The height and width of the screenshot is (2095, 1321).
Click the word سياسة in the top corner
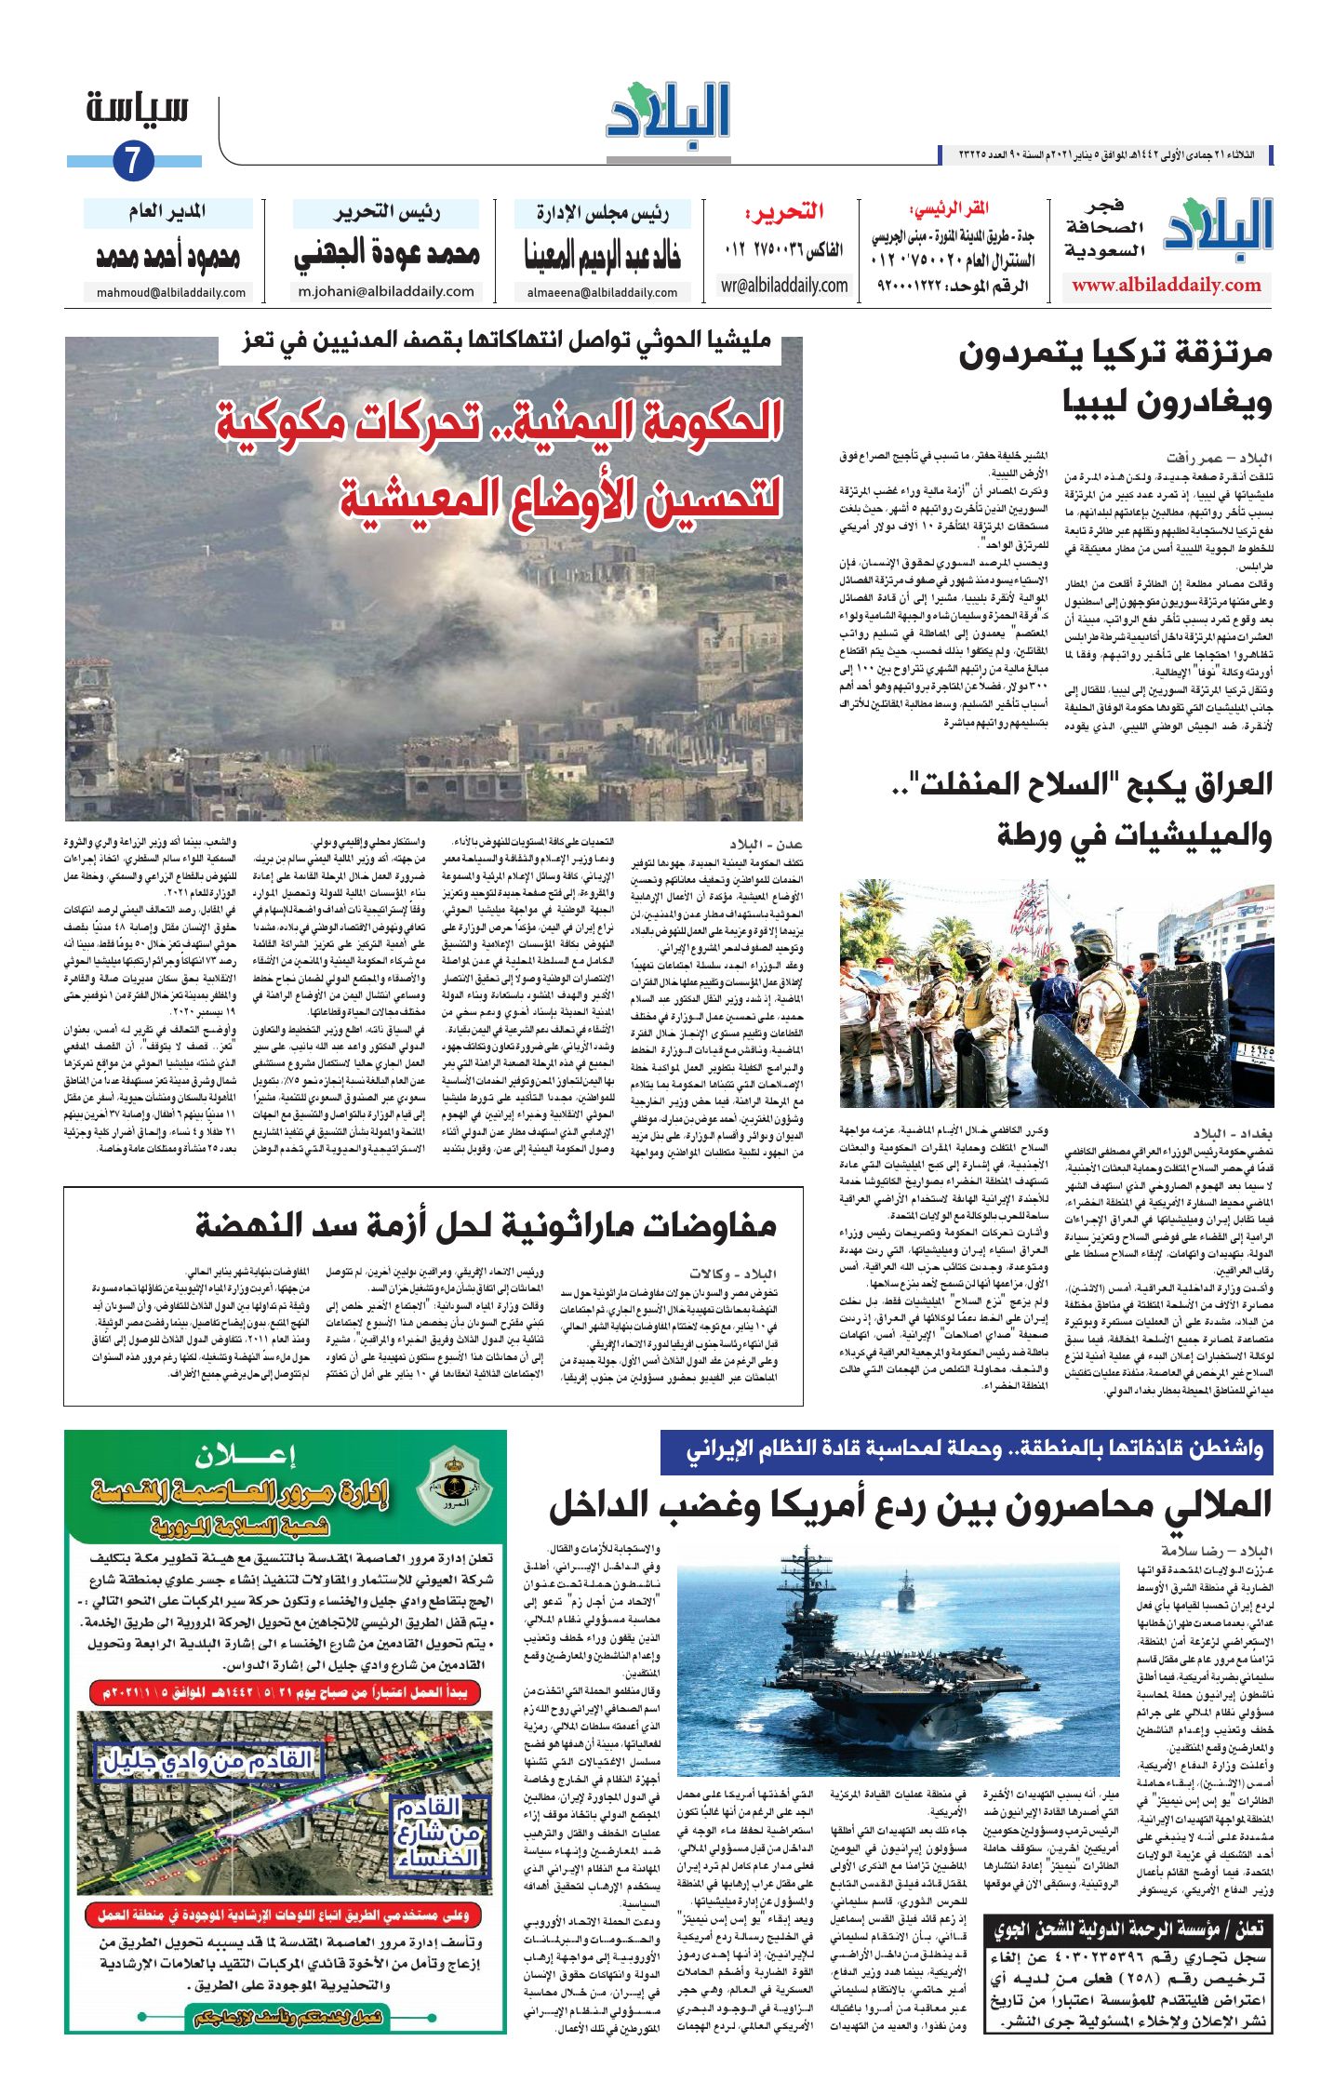click(138, 109)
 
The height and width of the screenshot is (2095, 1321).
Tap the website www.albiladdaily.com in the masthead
click(1166, 286)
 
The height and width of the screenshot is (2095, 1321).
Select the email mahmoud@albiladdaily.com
click(171, 292)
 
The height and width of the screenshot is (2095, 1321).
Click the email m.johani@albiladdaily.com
click(386, 291)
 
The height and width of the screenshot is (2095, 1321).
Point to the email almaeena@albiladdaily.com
click(602, 292)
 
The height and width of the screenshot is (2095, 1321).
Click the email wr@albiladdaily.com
click(784, 286)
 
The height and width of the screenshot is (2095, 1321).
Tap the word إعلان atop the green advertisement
click(245, 1455)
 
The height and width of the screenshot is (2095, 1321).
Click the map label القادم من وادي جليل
click(207, 1761)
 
